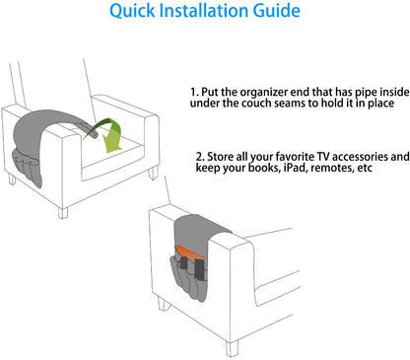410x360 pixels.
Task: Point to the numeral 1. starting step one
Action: coord(195,92)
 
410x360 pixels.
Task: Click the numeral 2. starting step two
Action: coord(200,157)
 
